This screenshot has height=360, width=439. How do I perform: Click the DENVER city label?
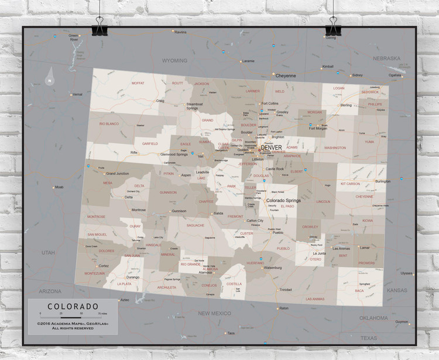[x=272, y=147]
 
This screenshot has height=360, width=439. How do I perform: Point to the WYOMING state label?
[x=174, y=60]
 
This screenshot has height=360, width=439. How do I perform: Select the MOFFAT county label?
[x=138, y=83]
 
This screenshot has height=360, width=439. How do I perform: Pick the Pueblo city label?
[x=277, y=232]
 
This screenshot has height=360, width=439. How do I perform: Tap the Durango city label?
[x=133, y=277]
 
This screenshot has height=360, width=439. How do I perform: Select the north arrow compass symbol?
[x=51, y=77]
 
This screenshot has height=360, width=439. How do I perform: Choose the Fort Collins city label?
[x=270, y=104]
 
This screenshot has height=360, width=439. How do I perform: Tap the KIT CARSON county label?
[x=351, y=184]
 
